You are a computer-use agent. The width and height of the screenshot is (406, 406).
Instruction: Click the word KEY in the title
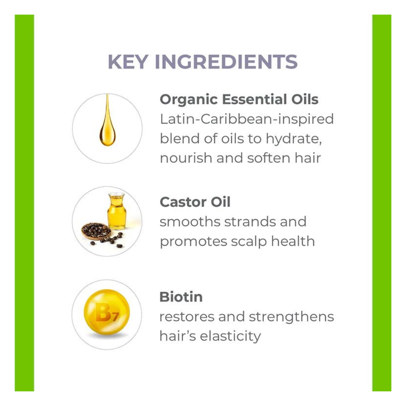tap(128, 62)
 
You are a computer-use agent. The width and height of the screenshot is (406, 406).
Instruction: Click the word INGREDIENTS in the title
tap(226, 62)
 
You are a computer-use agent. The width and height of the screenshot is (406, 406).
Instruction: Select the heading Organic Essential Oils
tap(239, 99)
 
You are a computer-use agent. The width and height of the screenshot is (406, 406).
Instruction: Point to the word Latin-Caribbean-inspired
tap(247, 119)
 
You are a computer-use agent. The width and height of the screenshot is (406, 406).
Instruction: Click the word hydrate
tap(294, 139)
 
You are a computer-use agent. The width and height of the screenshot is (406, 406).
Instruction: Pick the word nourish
tap(186, 158)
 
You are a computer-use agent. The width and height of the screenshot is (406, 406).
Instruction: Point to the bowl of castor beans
tap(96, 231)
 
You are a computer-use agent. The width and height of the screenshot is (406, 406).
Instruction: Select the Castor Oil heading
tap(195, 202)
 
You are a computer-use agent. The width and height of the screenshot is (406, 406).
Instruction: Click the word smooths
tap(190, 222)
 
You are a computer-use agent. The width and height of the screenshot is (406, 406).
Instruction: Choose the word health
tap(293, 241)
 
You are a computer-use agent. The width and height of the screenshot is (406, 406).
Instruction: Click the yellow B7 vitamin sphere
tap(107, 312)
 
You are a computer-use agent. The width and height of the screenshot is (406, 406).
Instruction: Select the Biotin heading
tap(181, 297)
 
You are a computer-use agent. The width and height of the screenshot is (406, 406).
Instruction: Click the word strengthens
tap(291, 317)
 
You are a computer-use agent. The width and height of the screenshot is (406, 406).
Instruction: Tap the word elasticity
tap(231, 336)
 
